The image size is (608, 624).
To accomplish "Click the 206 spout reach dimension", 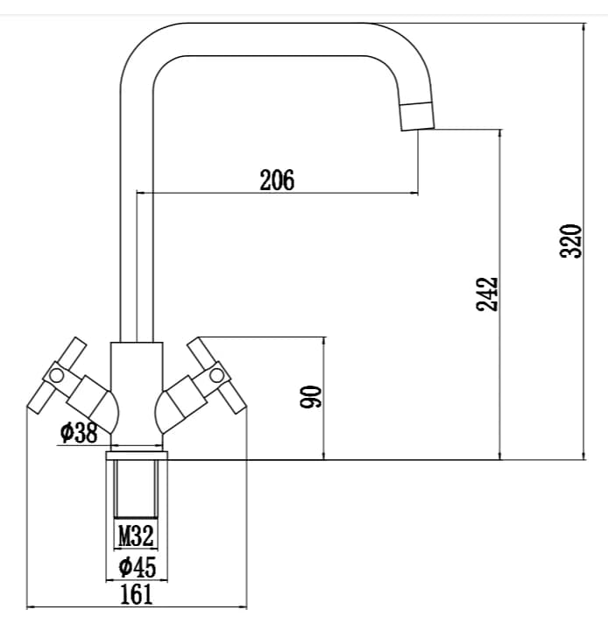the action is [x=278, y=180].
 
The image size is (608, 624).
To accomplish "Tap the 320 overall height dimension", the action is [x=570, y=241].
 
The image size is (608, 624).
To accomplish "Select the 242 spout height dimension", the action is [x=487, y=294].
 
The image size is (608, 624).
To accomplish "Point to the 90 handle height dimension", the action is [x=310, y=396].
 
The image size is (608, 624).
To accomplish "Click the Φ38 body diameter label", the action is [x=79, y=433].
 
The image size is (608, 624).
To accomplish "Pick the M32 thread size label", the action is [x=136, y=535].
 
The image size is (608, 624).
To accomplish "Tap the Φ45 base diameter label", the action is [x=138, y=567].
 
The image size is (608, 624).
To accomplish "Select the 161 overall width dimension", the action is [x=136, y=594].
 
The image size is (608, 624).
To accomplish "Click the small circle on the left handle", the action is [x=56, y=375].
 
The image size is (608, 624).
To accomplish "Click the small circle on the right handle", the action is [x=217, y=374].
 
